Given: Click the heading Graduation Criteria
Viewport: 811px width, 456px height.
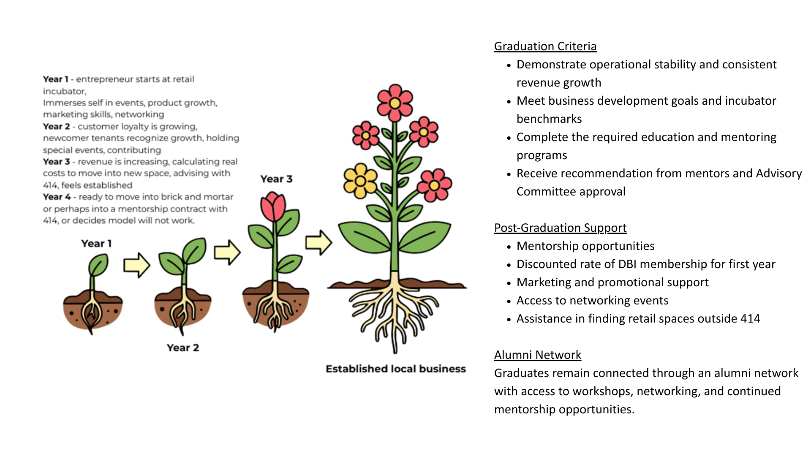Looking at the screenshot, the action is (545, 46).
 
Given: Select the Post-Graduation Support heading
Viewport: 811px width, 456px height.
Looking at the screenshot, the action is (560, 228).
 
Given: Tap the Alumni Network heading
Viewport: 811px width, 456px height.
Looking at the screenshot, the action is (538, 355).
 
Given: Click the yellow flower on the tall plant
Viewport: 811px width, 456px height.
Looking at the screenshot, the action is (360, 181).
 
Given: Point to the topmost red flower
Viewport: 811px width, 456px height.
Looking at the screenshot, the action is (395, 103).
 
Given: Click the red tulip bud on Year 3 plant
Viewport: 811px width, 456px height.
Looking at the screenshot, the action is (273, 206).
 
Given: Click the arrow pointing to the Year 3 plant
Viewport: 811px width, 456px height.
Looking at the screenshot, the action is (227, 252).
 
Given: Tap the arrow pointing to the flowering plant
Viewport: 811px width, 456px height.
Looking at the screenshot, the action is (319, 242).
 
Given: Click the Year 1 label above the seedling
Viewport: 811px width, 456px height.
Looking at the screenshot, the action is (96, 244).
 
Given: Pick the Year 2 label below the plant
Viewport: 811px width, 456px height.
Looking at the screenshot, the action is (182, 348).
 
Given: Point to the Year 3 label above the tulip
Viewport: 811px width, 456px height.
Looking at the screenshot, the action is (276, 179).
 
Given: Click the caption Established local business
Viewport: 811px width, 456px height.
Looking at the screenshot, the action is (396, 369).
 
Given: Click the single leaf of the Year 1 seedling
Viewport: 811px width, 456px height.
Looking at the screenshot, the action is (98, 265).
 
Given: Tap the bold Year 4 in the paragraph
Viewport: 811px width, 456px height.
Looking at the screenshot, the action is (57, 197).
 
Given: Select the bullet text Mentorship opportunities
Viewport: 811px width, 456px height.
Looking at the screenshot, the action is (585, 246).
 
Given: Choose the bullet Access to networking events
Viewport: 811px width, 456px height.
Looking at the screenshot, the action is (592, 301).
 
